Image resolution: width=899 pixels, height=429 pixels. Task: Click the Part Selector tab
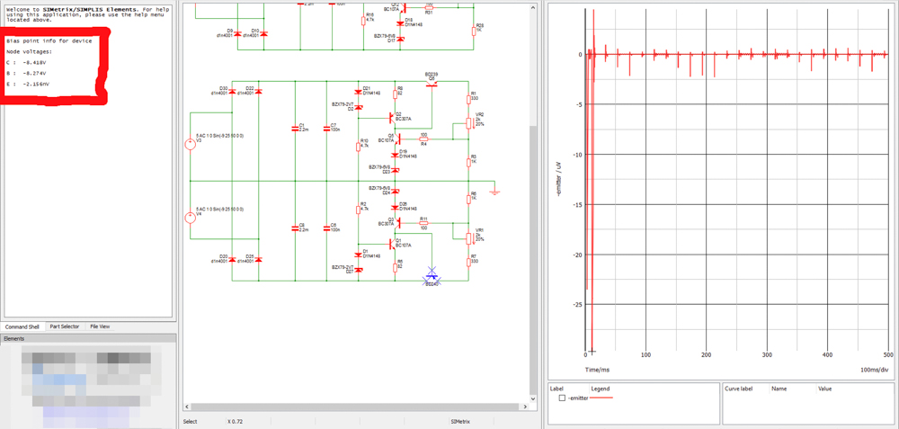tap(65, 326)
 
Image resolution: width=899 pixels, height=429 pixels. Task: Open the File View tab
tap(100, 326)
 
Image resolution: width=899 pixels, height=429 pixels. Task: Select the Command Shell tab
tap(22, 326)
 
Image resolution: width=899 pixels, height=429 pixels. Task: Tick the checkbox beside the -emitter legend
tap(562, 398)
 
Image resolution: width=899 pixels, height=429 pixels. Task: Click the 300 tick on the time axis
tap(767, 355)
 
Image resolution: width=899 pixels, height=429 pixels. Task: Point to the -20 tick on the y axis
tap(578, 255)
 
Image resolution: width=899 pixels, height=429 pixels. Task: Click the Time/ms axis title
tap(597, 369)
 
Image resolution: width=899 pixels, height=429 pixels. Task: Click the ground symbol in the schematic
tap(494, 191)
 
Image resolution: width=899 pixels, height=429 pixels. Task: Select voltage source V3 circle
tap(191, 144)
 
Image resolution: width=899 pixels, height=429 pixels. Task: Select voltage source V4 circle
tap(191, 218)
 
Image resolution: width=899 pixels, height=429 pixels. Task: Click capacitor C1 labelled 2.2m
tap(295, 129)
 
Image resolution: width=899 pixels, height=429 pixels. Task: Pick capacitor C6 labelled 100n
tap(326, 228)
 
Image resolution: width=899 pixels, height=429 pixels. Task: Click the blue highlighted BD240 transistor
tap(432, 275)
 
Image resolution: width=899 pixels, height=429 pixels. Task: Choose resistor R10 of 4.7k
tap(358, 146)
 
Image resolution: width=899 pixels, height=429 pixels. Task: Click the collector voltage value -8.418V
tap(34, 63)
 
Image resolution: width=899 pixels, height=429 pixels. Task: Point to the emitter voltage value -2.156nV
tap(36, 84)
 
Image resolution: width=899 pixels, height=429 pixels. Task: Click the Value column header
tap(825, 389)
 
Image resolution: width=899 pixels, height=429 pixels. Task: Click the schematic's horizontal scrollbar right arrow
tap(526, 407)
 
